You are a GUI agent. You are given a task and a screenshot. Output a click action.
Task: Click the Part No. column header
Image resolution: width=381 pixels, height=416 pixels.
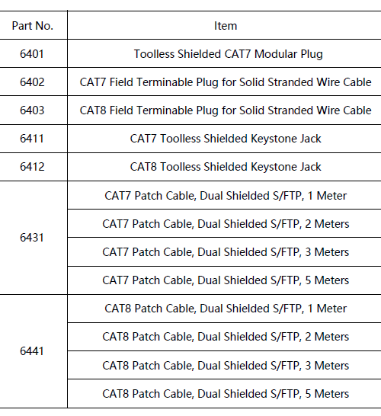(x=32, y=26)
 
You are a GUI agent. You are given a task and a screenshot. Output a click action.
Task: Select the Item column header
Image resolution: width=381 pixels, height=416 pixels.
(x=226, y=26)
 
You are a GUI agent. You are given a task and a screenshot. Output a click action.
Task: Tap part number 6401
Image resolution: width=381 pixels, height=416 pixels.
(x=32, y=54)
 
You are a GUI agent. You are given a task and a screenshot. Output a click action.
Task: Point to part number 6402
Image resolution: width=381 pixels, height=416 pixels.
(x=32, y=82)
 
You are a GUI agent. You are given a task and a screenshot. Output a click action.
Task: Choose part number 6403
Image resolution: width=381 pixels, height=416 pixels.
(x=32, y=110)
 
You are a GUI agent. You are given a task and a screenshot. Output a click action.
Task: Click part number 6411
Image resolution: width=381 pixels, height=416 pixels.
(x=32, y=139)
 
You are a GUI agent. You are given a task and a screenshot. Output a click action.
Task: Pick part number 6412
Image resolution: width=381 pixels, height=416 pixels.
(x=32, y=167)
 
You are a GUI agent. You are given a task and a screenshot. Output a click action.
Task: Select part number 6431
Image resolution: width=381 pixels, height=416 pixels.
(x=32, y=238)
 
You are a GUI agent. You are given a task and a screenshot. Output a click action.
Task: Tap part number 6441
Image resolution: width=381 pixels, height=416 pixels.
(x=32, y=351)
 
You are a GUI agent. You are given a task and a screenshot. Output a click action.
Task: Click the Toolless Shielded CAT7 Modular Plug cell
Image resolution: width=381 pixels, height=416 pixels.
(x=228, y=54)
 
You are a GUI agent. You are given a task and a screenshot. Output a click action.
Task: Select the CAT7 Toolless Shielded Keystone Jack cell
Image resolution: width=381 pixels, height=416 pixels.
(x=226, y=139)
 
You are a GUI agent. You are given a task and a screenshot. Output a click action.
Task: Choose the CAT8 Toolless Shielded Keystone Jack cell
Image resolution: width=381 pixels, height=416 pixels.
(x=226, y=167)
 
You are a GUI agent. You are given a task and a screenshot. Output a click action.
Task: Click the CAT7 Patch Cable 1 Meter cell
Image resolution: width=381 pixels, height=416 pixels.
(x=226, y=196)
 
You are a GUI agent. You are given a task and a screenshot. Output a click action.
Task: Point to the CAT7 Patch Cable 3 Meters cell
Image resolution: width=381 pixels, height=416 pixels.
(x=226, y=252)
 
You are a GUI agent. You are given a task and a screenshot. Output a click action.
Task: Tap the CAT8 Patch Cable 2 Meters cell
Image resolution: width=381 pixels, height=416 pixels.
(x=226, y=337)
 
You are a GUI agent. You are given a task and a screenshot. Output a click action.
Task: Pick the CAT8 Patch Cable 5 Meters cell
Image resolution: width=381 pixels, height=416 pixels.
(x=226, y=394)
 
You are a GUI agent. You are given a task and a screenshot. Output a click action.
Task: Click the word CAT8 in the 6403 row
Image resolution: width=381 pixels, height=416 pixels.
(x=93, y=110)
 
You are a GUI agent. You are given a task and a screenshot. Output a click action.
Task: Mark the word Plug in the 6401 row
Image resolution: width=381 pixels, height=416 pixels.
(x=312, y=55)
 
